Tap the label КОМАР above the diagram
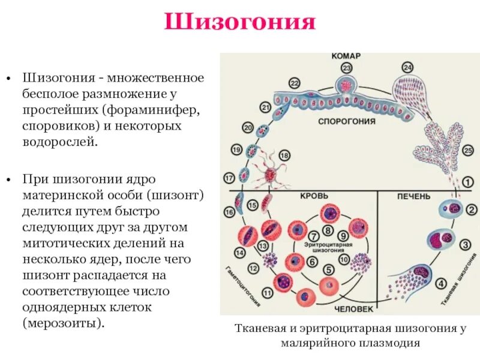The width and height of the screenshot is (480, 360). click(346, 56)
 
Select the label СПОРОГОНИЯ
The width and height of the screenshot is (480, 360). click(347, 121)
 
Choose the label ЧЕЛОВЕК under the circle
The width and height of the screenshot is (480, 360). click(354, 309)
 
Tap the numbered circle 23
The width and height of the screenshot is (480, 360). click(346, 68)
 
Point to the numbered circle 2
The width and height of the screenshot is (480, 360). click(472, 210)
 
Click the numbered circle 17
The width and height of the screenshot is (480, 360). click(229, 178)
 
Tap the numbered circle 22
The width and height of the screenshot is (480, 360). click(294, 83)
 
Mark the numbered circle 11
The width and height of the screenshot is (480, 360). click(268, 293)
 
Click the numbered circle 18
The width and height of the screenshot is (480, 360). click(284, 155)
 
